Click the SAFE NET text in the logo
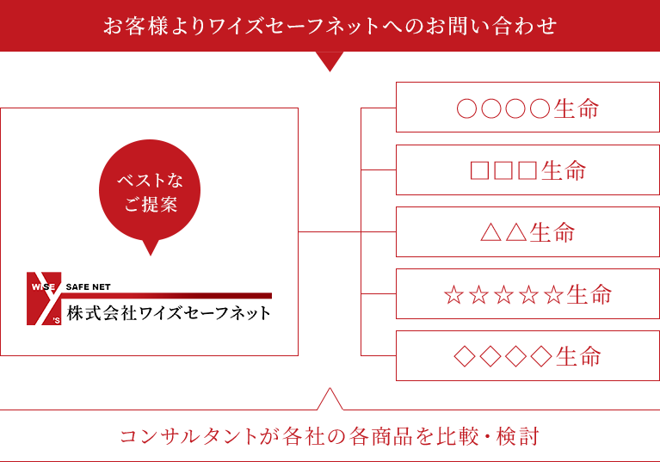[88, 287]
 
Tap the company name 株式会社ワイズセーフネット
[169, 313]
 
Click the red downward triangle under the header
[330, 59]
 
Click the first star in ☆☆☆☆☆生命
[453, 294]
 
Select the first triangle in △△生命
[490, 231]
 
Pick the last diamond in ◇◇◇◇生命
[541, 356]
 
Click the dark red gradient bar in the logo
[167, 296]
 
